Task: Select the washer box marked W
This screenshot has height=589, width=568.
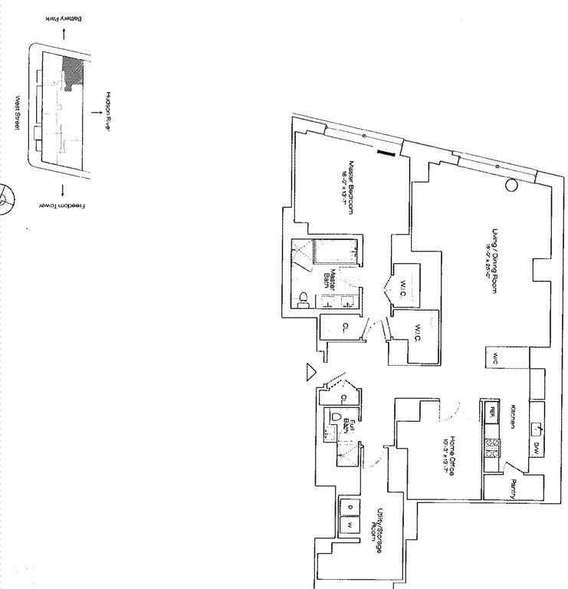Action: [x=350, y=525]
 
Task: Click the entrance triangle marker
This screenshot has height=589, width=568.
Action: [x=311, y=372]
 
